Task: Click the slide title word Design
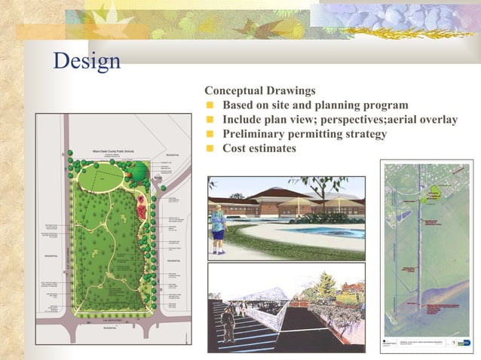(x=86, y=60)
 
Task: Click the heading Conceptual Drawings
(x=260, y=90)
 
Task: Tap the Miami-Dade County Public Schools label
(x=112, y=151)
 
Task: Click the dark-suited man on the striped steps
(x=228, y=325)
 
